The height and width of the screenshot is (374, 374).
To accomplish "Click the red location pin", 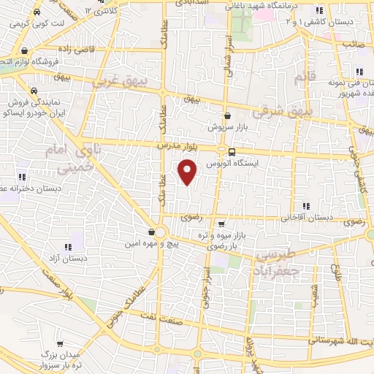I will coord(188,171).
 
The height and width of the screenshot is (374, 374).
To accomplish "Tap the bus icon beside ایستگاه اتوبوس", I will coord(232,153).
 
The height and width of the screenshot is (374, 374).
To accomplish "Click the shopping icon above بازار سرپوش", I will coord(227,115).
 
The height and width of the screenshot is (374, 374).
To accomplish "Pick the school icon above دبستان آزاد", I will coord(69,246).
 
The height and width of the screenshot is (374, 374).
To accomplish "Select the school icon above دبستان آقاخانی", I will coord(305,205).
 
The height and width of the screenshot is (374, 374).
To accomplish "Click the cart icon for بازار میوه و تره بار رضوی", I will coord(221,224).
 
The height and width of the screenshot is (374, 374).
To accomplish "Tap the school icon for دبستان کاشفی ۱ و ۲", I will coord(318,11).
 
